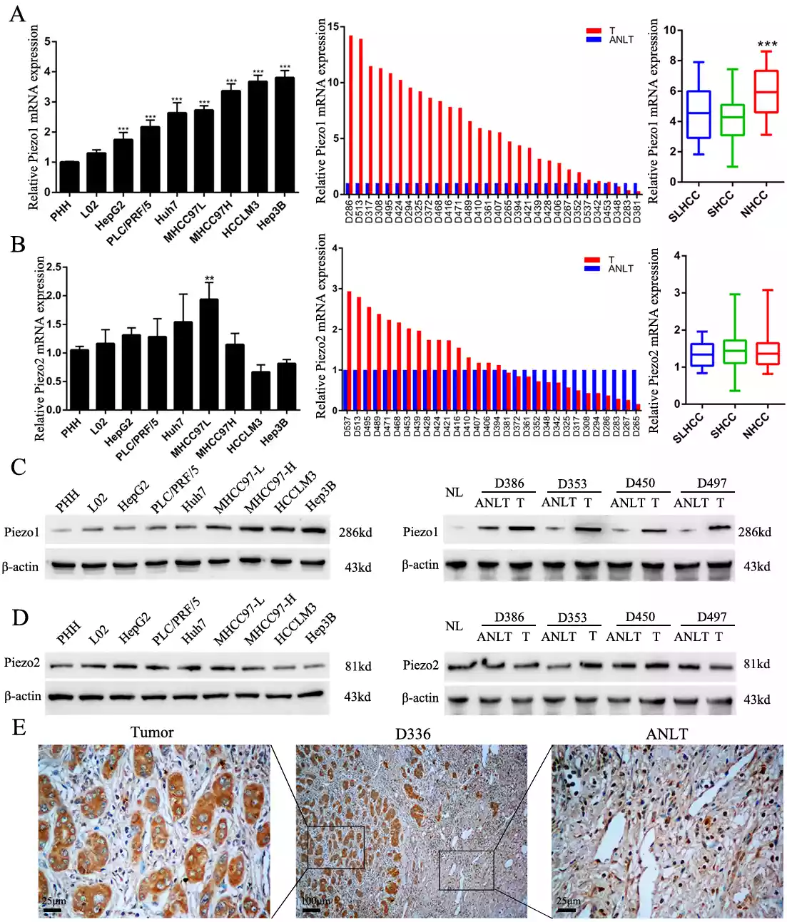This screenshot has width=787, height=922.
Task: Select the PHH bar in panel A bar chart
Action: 69,177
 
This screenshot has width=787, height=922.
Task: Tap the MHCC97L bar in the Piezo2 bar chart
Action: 209,354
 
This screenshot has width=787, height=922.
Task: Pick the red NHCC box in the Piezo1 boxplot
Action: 766,91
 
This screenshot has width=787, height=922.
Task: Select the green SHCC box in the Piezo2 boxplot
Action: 734,352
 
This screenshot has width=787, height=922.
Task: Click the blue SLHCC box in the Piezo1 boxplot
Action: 699,114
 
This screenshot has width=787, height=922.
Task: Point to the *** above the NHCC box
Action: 767,45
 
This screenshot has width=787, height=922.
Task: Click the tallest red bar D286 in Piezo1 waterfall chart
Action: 350,114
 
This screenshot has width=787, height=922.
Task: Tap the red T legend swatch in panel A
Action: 594,31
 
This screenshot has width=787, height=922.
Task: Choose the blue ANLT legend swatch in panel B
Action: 592,269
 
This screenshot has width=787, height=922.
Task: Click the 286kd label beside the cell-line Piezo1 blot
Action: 355,533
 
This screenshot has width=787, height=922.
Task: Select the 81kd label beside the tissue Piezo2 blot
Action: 756,664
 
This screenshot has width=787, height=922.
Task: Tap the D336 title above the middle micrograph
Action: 412,734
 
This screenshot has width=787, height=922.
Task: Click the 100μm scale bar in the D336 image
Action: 311,909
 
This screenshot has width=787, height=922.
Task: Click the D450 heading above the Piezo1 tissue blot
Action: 640,483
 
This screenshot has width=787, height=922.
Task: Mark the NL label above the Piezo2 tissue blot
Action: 454,626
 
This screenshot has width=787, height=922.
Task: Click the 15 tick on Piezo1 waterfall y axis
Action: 333,27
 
